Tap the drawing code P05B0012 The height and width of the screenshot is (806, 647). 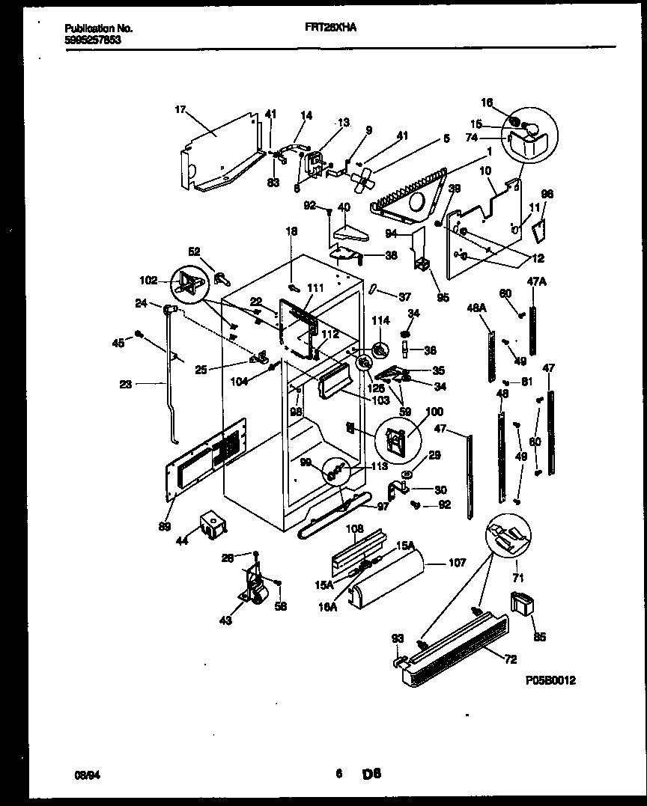pyautogui.click(x=551, y=680)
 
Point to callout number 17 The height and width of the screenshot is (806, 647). pyautogui.click(x=180, y=109)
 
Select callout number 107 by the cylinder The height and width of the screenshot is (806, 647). pyautogui.click(x=457, y=563)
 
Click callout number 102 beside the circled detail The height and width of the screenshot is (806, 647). pyautogui.click(x=147, y=281)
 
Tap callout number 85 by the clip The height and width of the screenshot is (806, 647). pyautogui.click(x=540, y=638)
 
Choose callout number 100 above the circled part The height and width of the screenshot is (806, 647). pyautogui.click(x=434, y=412)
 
